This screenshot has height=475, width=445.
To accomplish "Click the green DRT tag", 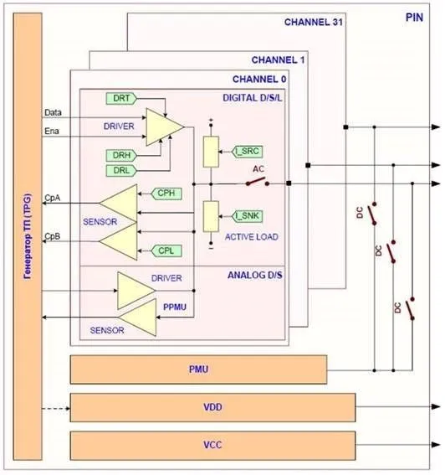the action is [121, 99].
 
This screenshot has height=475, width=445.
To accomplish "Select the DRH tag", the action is [121, 156].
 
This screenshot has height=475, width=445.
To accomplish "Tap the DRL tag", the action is [121, 170].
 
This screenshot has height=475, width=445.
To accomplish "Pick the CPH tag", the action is [166, 194].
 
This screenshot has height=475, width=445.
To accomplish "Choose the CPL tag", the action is [166, 250].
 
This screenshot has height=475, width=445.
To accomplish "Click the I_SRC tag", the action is [247, 152].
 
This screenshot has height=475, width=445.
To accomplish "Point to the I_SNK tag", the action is [247, 216].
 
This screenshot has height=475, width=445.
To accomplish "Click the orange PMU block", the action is [198, 369].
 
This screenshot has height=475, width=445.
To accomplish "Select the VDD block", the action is [212, 407].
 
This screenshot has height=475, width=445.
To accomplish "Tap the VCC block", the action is [212, 446].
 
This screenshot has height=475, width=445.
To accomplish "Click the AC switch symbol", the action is [258, 182].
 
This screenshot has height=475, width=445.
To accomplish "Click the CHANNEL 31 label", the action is [314, 22].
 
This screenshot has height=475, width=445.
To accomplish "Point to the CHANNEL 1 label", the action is [278, 60].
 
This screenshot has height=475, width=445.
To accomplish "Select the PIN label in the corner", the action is [414, 18].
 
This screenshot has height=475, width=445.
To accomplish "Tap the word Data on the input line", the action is [53, 113].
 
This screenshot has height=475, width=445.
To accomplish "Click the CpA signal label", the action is [53, 198].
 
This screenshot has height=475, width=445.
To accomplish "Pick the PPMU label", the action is [175, 307].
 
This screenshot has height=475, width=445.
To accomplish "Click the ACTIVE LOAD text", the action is [252, 237].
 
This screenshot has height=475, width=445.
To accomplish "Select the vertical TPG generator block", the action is [28, 236].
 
